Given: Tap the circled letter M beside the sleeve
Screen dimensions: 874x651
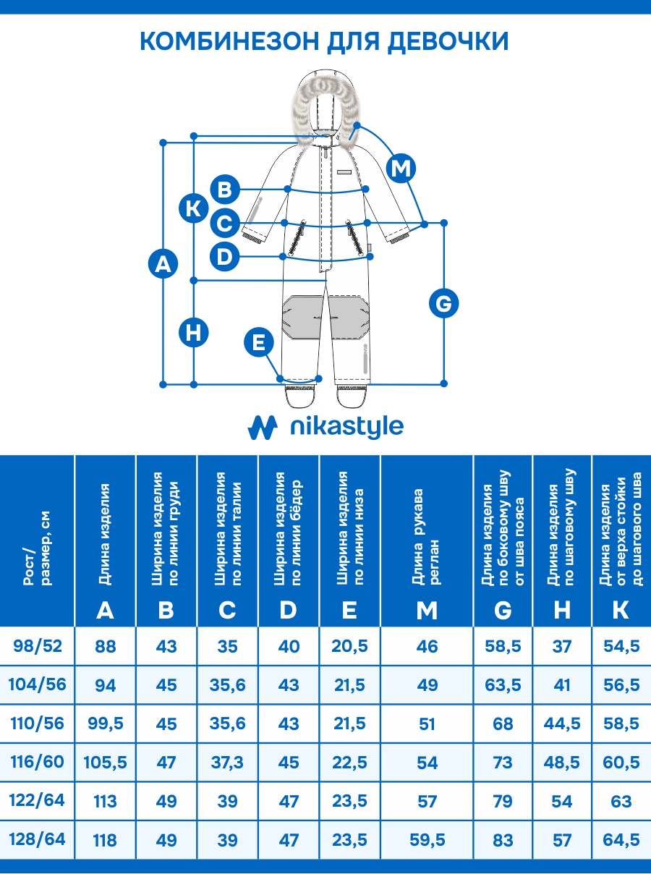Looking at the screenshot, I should pos(401,169).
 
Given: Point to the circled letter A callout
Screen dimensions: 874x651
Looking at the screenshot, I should pos(163,263).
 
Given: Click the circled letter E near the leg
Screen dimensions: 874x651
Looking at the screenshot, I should pos(259,342).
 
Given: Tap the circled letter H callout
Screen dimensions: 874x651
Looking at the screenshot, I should pos(194,333).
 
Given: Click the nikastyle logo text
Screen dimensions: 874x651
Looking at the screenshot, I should pos(346,427).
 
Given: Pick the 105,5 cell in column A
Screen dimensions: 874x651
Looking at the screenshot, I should pos(106,763).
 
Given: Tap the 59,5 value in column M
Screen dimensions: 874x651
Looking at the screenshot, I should pos(427,840).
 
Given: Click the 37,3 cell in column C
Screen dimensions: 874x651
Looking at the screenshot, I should pos(227,763).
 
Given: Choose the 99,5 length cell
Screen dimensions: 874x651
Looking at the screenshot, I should pos(106,724).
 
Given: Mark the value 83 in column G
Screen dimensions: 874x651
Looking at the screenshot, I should pos(503,840).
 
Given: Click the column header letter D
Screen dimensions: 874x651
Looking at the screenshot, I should pos(288,610).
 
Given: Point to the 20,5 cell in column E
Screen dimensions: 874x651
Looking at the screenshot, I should pos(349,646).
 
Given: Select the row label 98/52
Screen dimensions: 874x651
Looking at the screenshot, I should pos(38,645).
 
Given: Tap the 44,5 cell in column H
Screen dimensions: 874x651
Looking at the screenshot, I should pos(562,724).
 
